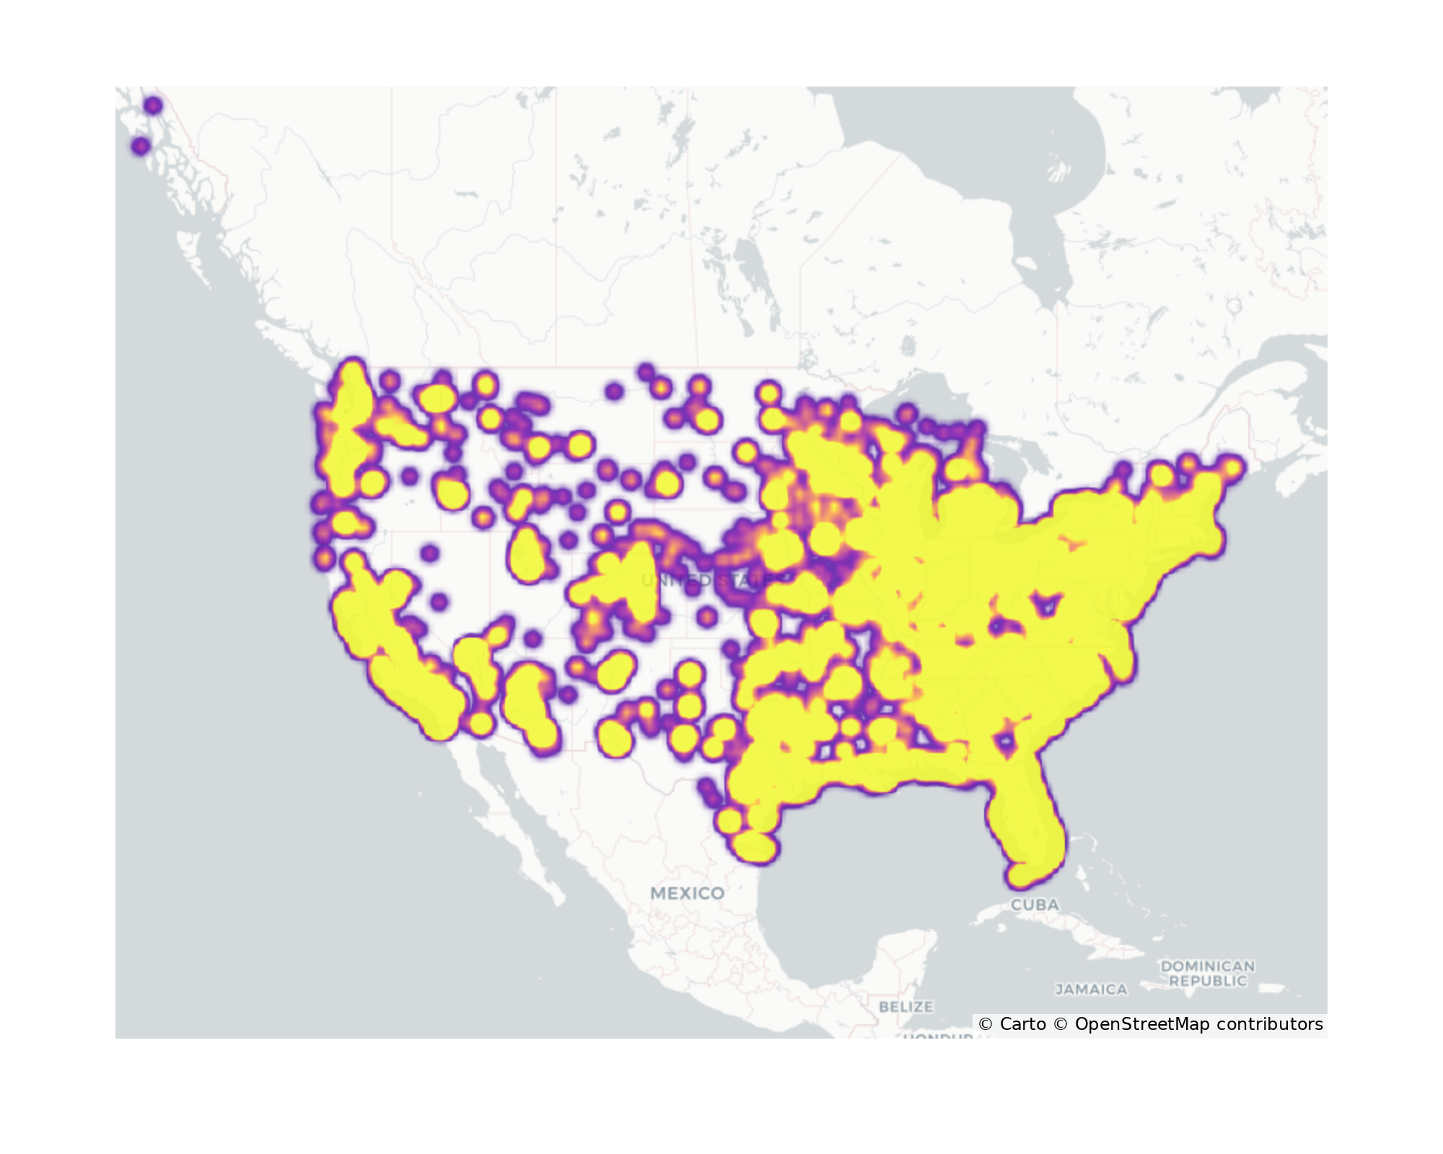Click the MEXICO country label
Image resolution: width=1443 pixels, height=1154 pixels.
[x=687, y=893]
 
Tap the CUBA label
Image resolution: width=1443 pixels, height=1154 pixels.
[x=1035, y=904]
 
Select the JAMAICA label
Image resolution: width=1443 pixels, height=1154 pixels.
[x=1091, y=990]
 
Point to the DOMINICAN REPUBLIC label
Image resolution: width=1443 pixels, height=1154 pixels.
[x=1207, y=973]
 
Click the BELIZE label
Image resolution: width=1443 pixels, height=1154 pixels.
[x=905, y=1006]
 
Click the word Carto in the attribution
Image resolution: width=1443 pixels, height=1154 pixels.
[x=1022, y=1024]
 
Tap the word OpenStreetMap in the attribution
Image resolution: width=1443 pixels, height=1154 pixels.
[x=1142, y=1024]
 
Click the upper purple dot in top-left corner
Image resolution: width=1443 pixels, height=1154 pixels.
[x=153, y=105]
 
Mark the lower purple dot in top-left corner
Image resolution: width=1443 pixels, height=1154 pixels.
[x=141, y=146]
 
